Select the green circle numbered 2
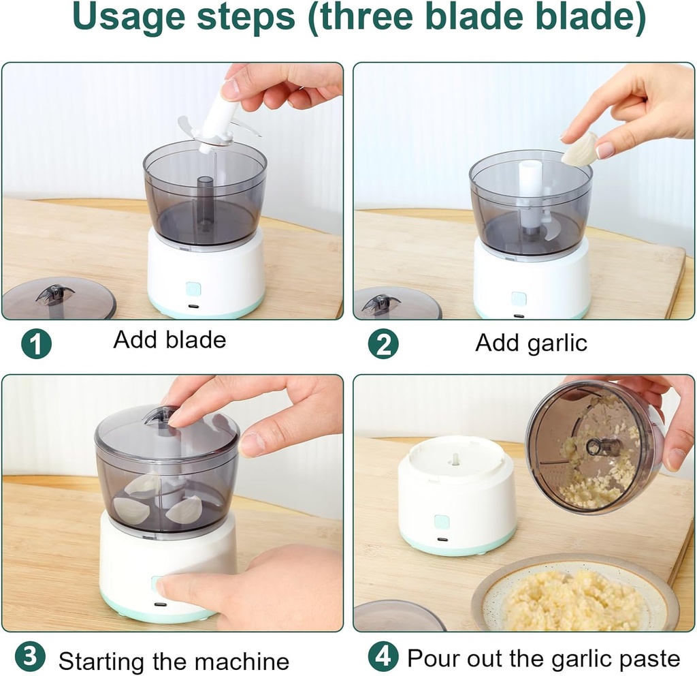tap(383, 343)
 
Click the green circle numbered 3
tap(30, 658)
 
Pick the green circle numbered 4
tap(384, 658)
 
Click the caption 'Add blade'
tap(169, 340)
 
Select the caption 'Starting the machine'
tap(174, 660)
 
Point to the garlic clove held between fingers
tap(580, 149)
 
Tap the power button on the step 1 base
tap(194, 289)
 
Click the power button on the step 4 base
tap(442, 522)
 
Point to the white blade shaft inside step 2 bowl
tap(530, 187)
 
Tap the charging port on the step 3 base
tap(160, 604)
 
